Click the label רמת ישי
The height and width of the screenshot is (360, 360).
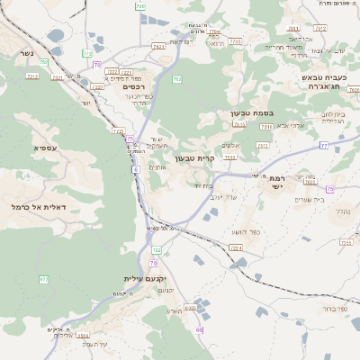click(276, 182)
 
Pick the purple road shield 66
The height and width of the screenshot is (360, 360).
click(199, 330)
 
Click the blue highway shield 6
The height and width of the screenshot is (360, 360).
click(134, 168)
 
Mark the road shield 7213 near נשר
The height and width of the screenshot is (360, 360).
click(32, 76)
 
